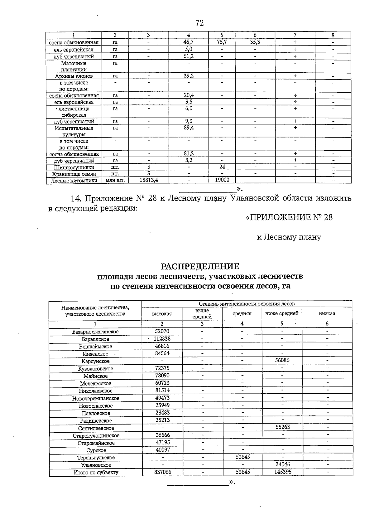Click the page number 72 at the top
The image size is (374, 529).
pyautogui.click(x=199, y=23)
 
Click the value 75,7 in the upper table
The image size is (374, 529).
pyautogui.click(x=222, y=42)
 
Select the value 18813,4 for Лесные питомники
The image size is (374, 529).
pyautogui.click(x=149, y=180)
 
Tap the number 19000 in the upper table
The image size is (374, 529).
pyautogui.click(x=222, y=180)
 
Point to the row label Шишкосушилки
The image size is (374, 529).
pyautogui.click(x=74, y=167)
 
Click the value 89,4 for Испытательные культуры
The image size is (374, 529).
pyautogui.click(x=189, y=128)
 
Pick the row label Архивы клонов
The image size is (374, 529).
pyautogui.click(x=74, y=76)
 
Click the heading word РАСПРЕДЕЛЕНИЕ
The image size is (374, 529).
pyautogui.click(x=200, y=266)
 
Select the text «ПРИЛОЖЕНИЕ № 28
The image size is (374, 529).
pyautogui.click(x=289, y=217)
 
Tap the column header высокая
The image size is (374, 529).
pyautogui.click(x=162, y=314)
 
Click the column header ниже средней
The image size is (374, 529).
pyautogui.click(x=282, y=313)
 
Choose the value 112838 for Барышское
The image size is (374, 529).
pyautogui.click(x=162, y=339)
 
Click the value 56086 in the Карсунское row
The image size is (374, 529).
pyautogui.click(x=282, y=361)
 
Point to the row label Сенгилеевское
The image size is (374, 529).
pyautogui.click(x=96, y=428)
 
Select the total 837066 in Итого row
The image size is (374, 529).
pyautogui.click(x=163, y=472)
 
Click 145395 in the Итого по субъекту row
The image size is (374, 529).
pyautogui.click(x=283, y=472)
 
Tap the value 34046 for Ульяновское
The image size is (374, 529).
pyautogui.click(x=283, y=464)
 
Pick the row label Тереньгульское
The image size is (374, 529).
pyautogui.click(x=96, y=458)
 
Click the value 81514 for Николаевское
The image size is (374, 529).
pyautogui.click(x=162, y=391)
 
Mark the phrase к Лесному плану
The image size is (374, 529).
pyautogui.click(x=289, y=237)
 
